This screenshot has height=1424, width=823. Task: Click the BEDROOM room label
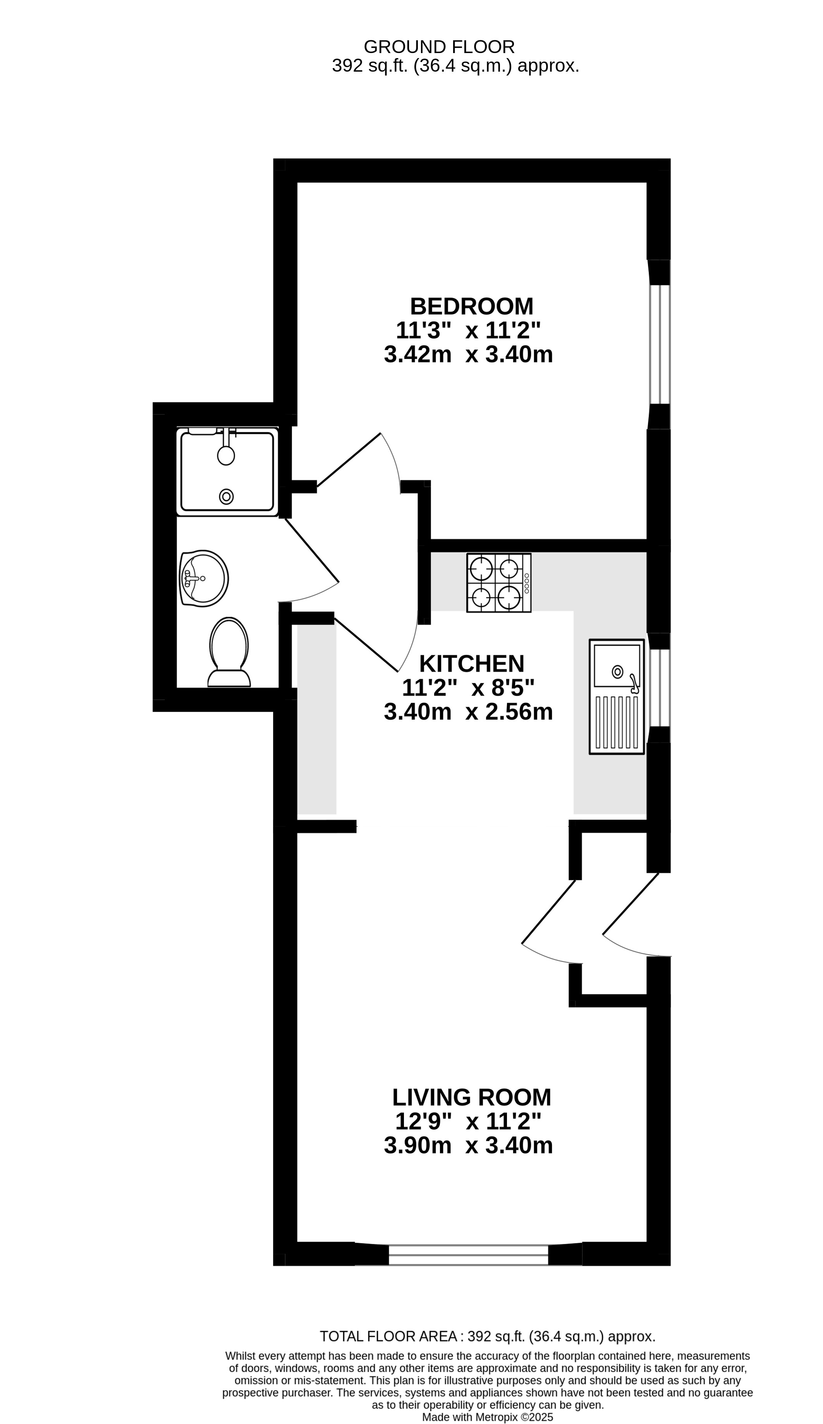[x=471, y=306]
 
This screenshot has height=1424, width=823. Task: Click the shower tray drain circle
[x=226, y=497]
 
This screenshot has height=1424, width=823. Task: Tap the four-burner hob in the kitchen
[x=498, y=582]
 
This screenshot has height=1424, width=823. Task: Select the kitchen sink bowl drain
[x=618, y=672]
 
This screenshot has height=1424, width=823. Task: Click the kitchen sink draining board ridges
[x=616, y=723]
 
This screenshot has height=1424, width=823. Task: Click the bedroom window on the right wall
[x=659, y=344]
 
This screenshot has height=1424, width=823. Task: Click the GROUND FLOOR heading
[x=439, y=46]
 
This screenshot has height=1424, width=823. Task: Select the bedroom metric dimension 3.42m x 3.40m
[x=468, y=355]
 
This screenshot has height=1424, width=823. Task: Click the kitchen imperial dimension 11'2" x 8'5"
[x=468, y=688]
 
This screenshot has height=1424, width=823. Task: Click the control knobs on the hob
[x=527, y=583]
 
